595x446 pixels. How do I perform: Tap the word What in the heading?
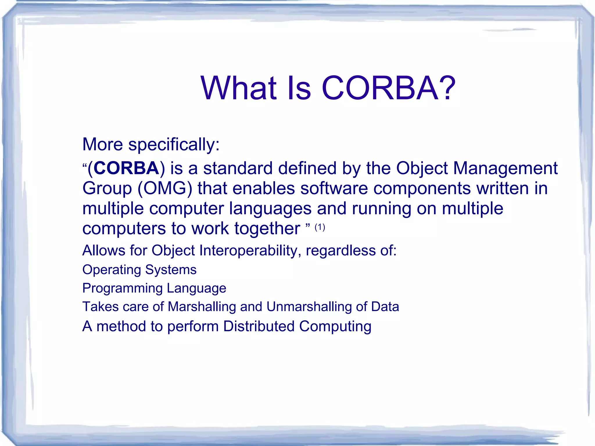click(238, 88)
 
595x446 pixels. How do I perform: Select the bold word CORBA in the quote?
click(126, 168)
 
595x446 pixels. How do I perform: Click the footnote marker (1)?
click(320, 227)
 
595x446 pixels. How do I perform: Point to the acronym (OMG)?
click(165, 188)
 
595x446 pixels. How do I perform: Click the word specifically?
click(174, 145)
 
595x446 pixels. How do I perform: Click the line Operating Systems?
click(139, 270)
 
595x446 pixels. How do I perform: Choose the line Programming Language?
click(154, 289)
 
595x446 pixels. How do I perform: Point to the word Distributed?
click(259, 326)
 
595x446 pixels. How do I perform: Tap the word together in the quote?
click(267, 229)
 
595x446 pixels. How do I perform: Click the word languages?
click(270, 209)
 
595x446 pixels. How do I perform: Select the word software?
click(334, 188)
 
